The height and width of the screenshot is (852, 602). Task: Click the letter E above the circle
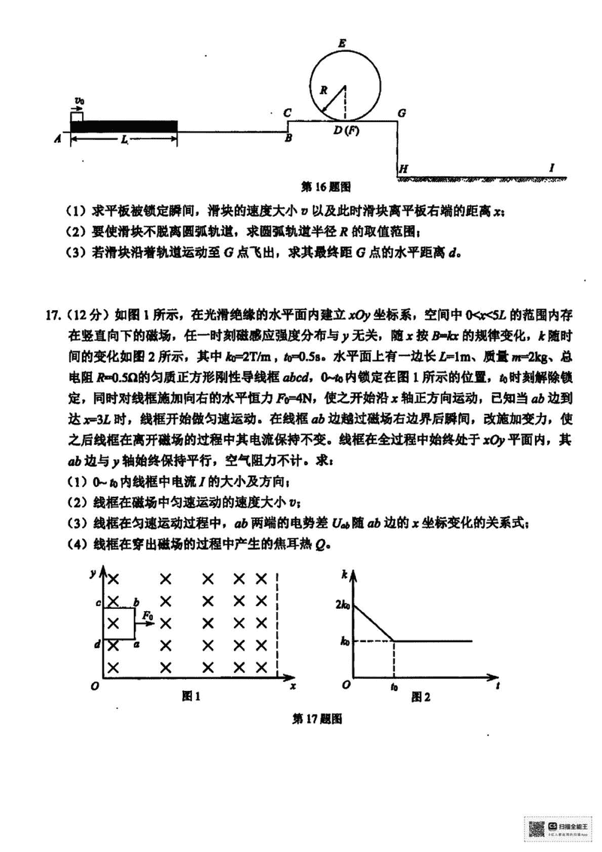342,44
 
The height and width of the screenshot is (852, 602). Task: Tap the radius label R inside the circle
324,90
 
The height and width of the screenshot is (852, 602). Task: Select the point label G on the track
403,113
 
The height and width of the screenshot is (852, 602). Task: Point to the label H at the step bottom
403,169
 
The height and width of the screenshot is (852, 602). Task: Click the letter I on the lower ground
552,167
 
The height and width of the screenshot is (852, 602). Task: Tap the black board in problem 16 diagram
124,125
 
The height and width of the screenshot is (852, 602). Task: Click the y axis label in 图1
91,574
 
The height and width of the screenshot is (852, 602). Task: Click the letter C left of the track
288,113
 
